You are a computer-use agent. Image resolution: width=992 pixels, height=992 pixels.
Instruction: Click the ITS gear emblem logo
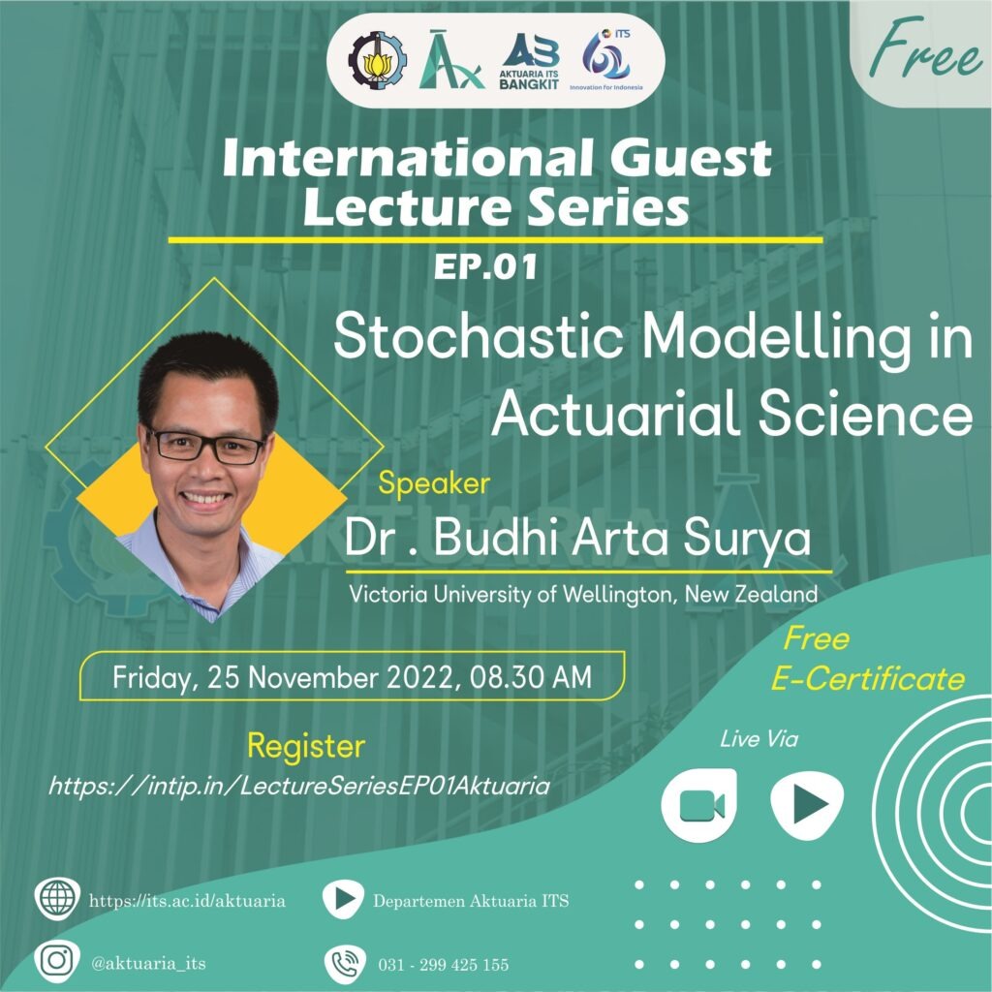click(378, 60)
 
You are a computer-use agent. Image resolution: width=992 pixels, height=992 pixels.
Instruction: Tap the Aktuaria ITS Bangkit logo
click(530, 61)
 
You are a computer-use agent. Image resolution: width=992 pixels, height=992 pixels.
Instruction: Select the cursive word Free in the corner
click(926, 48)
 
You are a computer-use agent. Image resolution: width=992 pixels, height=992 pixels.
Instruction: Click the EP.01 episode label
click(485, 267)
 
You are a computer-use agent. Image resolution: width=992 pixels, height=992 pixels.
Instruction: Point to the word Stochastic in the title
click(479, 336)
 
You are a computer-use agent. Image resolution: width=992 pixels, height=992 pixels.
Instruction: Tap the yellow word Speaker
click(434, 484)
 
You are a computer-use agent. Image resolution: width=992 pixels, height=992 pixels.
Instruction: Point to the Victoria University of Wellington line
click(583, 595)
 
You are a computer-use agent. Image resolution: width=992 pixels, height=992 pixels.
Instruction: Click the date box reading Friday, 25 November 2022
click(353, 676)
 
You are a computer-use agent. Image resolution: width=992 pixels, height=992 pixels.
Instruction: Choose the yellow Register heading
click(306, 747)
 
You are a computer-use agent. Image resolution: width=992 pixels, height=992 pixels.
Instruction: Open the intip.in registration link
click(299, 786)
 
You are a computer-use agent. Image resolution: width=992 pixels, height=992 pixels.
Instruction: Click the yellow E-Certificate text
click(868, 679)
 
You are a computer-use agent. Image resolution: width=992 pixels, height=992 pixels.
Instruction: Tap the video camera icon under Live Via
click(699, 805)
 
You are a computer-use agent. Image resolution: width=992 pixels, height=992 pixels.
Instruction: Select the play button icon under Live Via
click(807, 805)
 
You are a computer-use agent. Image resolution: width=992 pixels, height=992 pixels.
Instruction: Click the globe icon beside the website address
click(57, 899)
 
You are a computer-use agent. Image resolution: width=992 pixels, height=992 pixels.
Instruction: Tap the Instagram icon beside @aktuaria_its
click(57, 961)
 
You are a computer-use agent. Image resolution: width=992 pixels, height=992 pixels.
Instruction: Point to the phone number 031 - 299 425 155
click(444, 965)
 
